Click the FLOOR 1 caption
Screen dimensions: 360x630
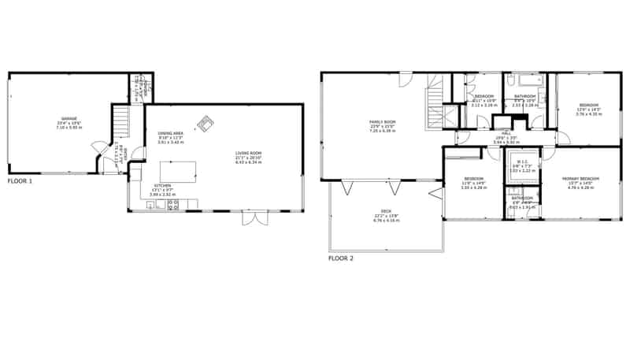coord(20,180)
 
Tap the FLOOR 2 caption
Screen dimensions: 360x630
coord(341,258)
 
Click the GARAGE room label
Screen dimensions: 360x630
coord(69,124)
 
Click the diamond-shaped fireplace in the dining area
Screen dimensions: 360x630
coord(207,123)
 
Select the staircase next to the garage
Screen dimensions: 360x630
coord(120,122)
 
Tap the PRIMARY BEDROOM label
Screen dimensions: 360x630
coord(581,182)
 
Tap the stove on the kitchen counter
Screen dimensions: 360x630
coord(173,205)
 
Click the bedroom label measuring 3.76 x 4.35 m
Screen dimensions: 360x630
coord(588,110)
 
